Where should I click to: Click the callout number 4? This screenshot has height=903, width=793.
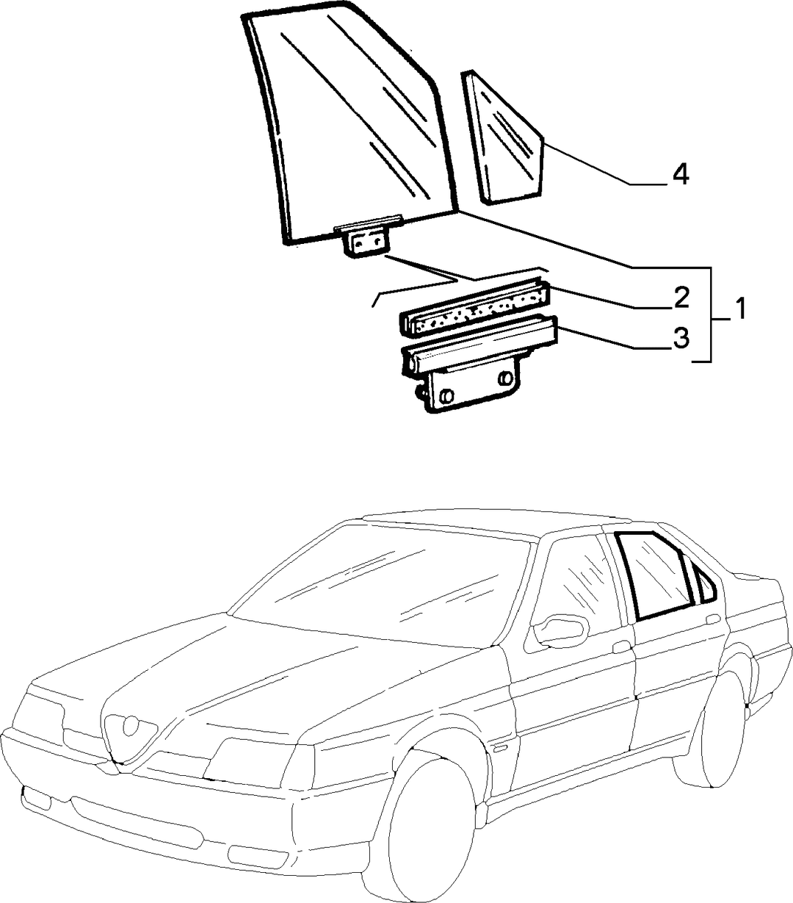point(680,174)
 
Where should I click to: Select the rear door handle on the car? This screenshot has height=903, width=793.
point(713,619)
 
